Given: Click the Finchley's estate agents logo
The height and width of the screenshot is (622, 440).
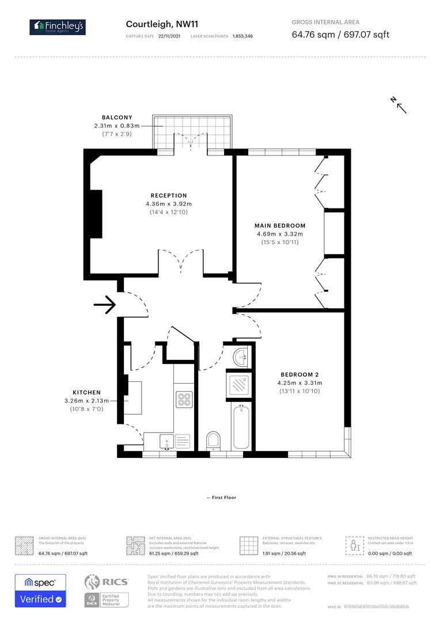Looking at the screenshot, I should point(58,26).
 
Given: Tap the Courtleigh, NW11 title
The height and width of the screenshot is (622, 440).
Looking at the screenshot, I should point(162,24).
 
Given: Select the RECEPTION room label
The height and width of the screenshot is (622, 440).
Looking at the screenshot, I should point(169,196).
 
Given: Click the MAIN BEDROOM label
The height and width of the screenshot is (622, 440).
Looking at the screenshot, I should point(280,226).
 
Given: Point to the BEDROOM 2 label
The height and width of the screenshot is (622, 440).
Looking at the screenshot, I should point(299,374).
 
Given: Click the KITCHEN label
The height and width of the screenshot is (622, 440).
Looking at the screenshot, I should point(86,393).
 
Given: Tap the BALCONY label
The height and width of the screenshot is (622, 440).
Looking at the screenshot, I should point(117,117).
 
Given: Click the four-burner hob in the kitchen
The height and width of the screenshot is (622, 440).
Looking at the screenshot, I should point(184,400).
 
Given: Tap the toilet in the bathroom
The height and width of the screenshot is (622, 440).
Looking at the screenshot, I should point(213,440).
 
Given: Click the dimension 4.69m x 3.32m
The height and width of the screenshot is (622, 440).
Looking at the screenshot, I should point(280,234).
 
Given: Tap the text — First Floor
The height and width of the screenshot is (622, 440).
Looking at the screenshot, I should point(221,498).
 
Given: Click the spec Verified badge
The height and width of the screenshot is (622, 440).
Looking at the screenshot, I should point(40,590).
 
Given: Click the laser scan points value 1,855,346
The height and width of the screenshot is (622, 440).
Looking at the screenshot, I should point(242,36).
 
